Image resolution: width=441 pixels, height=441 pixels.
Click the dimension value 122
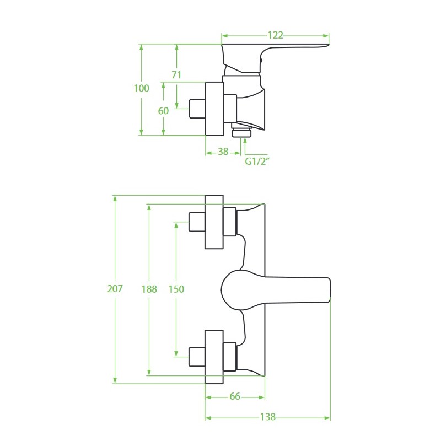click(275, 35)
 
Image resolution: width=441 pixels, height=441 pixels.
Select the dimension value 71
click(176, 75)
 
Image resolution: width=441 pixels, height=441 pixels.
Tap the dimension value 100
click(142, 88)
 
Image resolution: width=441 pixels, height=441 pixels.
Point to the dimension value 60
click(163, 111)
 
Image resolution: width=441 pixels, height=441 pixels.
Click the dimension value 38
click(223, 152)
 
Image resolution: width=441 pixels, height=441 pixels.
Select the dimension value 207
click(115, 288)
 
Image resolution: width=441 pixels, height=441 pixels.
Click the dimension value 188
click(149, 288)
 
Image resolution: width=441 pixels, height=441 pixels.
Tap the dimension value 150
click(176, 288)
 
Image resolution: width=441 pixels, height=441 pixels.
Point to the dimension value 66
click(235, 396)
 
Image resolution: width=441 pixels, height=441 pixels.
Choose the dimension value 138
click(267, 417)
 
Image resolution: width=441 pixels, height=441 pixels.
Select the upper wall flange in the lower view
click(214, 222)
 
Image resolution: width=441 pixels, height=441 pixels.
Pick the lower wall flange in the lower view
click(214, 357)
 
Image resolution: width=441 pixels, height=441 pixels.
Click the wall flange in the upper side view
click(214, 109)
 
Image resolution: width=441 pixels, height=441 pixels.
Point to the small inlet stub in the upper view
click(197, 108)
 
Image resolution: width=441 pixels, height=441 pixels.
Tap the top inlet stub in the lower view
click(197, 222)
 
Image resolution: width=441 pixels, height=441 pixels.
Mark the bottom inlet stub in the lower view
click(197, 357)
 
